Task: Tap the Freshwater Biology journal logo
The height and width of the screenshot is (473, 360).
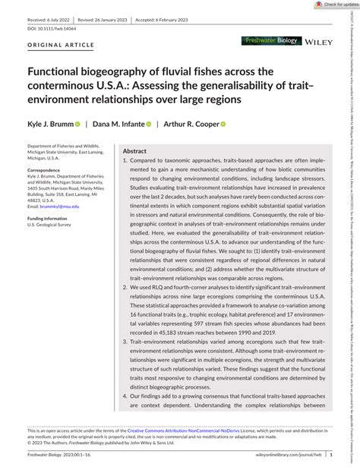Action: tap(270, 61)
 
